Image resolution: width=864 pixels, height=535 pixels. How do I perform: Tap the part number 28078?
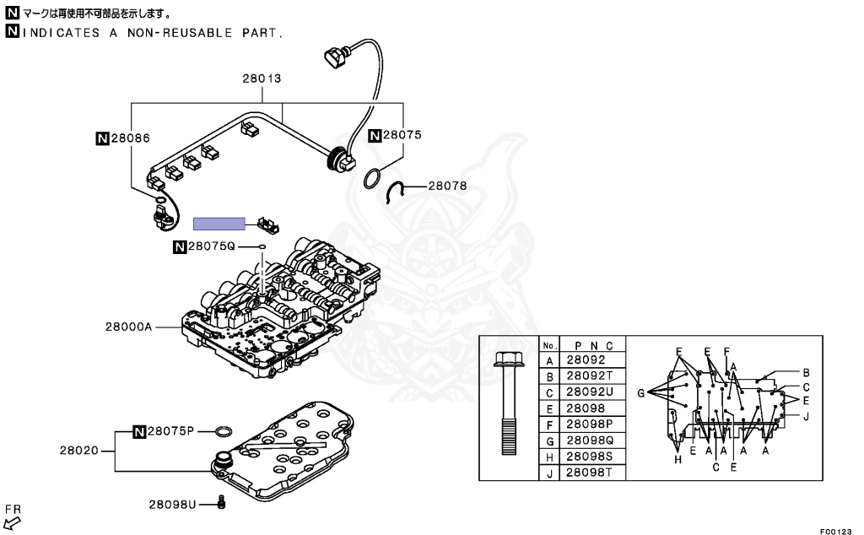click(x=446, y=186)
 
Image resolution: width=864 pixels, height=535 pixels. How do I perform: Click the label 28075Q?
click(x=210, y=246)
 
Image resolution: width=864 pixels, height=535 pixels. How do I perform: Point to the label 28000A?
click(x=128, y=325)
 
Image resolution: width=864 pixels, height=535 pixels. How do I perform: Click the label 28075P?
click(x=171, y=431)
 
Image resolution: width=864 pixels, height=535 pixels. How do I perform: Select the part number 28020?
click(x=78, y=451)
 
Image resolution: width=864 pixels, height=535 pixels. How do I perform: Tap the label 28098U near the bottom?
click(x=172, y=504)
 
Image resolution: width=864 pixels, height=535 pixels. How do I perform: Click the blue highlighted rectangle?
click(x=219, y=224)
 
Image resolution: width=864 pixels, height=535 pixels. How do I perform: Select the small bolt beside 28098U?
click(x=221, y=503)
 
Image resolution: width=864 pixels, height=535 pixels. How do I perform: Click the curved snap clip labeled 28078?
click(x=392, y=192)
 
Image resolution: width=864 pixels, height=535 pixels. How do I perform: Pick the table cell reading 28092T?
click(x=590, y=376)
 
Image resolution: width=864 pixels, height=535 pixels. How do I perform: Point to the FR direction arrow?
click(x=12, y=521)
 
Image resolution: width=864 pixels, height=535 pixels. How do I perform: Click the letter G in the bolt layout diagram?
click(x=640, y=392)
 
